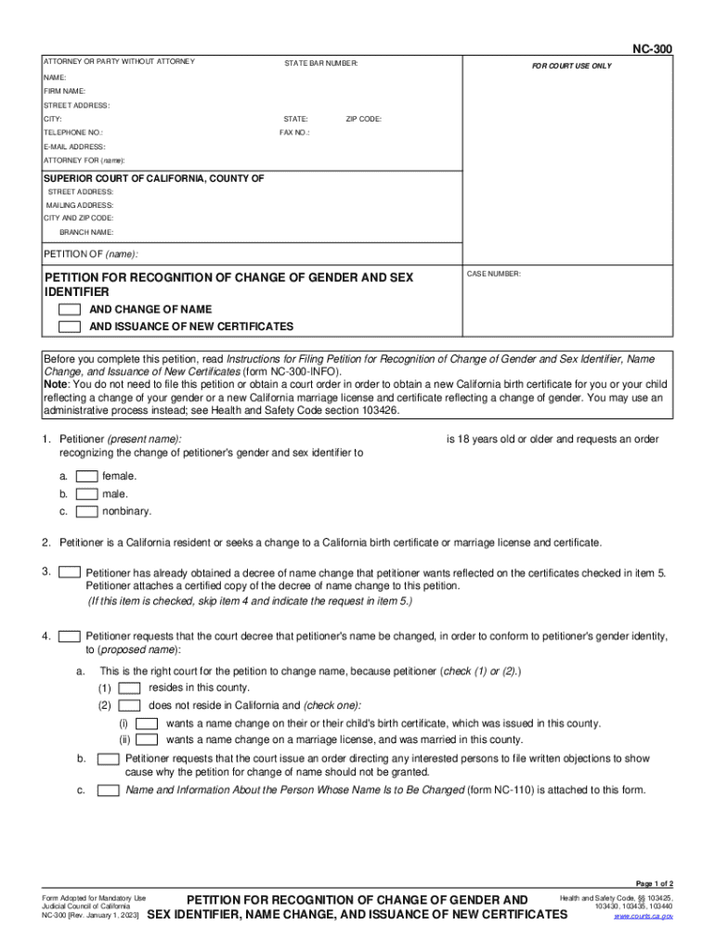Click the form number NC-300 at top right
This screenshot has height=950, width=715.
coord(653,47)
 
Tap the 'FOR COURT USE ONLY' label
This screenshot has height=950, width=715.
coord(571,67)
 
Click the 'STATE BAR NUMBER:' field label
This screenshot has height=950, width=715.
coord(320,62)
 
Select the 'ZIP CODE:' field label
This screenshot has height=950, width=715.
coord(363,120)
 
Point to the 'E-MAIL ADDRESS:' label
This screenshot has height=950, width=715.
coord(74,147)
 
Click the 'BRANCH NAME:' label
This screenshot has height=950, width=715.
coord(86,232)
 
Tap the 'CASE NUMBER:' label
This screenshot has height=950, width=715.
coord(494,275)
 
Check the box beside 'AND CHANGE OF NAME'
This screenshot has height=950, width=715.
coord(69,309)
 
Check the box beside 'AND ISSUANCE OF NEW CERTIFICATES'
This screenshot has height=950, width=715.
coord(69,327)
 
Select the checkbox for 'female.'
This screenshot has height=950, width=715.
coord(87,476)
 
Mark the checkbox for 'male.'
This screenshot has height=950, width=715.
coord(87,494)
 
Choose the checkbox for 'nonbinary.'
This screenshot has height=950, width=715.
coord(87,511)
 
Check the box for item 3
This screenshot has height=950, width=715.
coord(69,572)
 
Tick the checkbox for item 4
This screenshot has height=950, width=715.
coord(69,636)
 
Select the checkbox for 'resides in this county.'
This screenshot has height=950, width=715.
coord(130,687)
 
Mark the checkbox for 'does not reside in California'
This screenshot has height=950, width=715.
coord(130,705)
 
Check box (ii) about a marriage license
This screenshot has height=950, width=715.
coord(147,739)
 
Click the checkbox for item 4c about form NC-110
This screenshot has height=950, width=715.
coord(109,790)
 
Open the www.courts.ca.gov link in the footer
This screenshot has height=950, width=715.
coord(643,916)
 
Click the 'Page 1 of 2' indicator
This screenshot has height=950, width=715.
coord(654,884)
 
